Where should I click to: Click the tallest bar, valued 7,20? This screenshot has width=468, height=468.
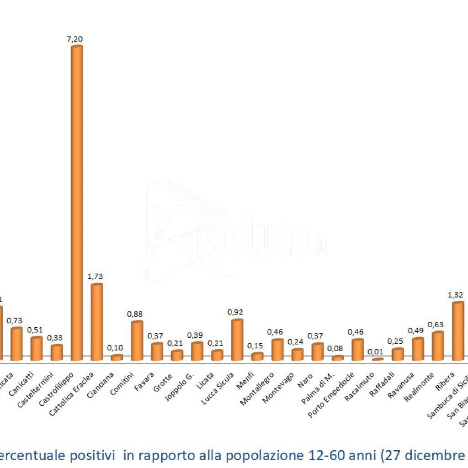pyautogui.click(x=76, y=201)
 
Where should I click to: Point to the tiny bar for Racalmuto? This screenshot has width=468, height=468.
pyautogui.click(x=378, y=360)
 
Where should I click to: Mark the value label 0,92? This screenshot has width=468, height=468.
pyautogui.click(x=235, y=312)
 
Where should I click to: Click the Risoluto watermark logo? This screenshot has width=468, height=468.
pyautogui.click(x=238, y=233)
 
